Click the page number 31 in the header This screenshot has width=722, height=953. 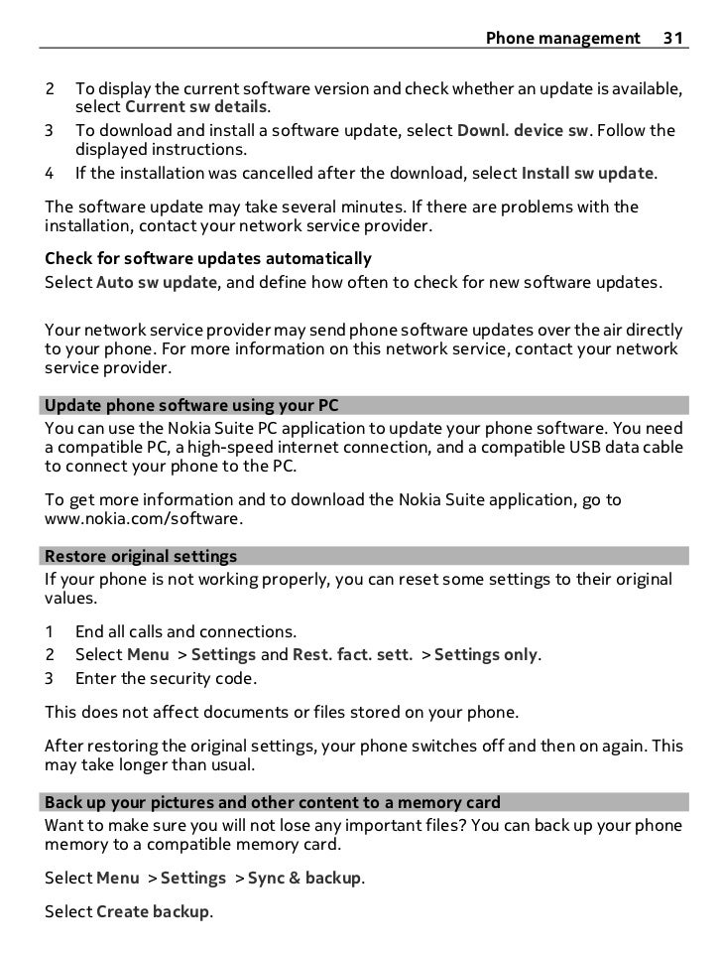pyautogui.click(x=673, y=39)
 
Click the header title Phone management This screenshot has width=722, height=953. pyautogui.click(x=562, y=39)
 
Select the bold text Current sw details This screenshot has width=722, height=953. pyautogui.click(x=196, y=107)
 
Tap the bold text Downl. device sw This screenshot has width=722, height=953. pyautogui.click(x=521, y=131)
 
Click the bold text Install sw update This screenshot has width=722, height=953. pyautogui.click(x=587, y=174)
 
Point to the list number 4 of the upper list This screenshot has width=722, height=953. pyautogui.click(x=50, y=174)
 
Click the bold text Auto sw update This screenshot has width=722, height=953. pyautogui.click(x=156, y=282)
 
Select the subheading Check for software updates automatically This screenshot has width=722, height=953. pyautogui.click(x=208, y=259)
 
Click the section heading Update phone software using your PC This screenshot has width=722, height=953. pyautogui.click(x=192, y=406)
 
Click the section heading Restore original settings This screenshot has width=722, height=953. pyautogui.click(x=142, y=556)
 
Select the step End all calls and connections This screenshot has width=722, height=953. pyautogui.click(x=185, y=631)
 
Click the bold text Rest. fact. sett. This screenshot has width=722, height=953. pyautogui.click(x=351, y=654)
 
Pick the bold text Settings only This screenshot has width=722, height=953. pyautogui.click(x=486, y=654)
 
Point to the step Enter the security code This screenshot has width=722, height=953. pyautogui.click(x=166, y=679)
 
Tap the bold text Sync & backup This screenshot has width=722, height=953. pyautogui.click(x=304, y=878)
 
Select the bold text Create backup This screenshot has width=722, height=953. pyautogui.click(x=153, y=912)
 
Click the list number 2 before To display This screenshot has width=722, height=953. pyautogui.click(x=50, y=88)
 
